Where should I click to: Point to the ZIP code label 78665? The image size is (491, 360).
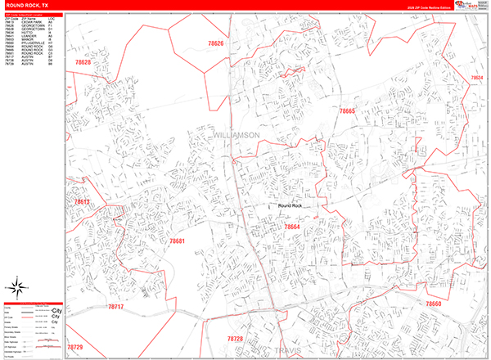(349, 110)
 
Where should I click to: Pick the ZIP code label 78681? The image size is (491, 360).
(177, 241)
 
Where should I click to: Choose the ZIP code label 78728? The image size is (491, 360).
(236, 338)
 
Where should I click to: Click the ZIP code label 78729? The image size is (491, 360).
(74, 348)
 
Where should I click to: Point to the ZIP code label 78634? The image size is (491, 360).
(477, 78)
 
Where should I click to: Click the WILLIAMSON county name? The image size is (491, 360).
(235, 134)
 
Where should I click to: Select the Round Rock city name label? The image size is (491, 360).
(291, 206)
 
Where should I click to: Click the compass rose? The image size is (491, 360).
(16, 287)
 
